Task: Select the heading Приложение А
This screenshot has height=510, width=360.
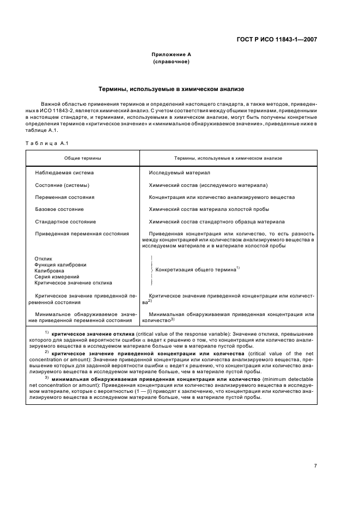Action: point(170,54)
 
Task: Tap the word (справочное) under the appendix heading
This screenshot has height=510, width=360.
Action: point(170,62)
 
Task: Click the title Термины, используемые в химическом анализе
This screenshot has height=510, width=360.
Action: point(170,88)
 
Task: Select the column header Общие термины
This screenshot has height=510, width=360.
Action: point(82,158)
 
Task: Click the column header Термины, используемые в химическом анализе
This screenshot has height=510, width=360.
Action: point(228,158)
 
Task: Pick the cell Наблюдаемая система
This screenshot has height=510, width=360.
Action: point(64,173)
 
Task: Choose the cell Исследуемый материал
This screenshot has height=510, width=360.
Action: point(179,173)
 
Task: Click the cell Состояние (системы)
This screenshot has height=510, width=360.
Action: point(62,185)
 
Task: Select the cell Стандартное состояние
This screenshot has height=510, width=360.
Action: point(65,222)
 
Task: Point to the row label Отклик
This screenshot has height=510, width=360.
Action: point(43,258)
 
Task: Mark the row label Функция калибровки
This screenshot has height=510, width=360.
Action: point(60,264)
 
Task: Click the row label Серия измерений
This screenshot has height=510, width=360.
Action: point(57,277)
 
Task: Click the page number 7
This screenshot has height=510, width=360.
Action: point(315,450)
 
